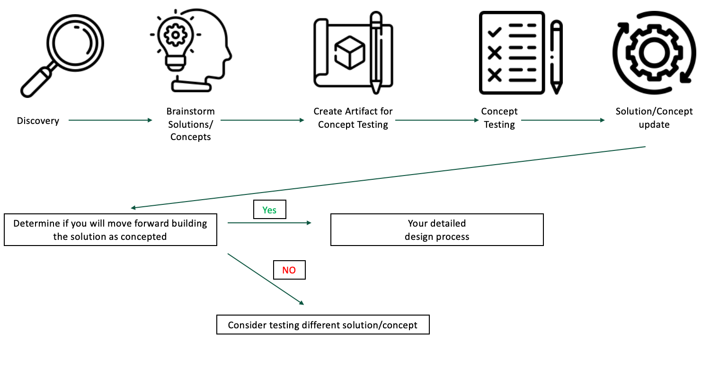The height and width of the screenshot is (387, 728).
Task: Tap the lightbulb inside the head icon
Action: (176, 40)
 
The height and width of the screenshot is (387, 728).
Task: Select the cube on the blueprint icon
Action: (350, 53)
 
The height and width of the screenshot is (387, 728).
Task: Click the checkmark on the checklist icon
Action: (495, 32)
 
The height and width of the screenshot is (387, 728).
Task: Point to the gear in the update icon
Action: (654, 53)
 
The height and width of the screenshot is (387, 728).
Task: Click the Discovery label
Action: (38, 121)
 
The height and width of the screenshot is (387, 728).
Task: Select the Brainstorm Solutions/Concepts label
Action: (191, 124)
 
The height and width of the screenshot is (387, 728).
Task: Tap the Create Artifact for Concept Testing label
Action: (353, 118)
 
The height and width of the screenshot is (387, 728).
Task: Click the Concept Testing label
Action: (499, 118)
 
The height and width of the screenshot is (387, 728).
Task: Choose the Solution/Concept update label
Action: (654, 118)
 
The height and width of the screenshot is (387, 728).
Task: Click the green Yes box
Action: (270, 210)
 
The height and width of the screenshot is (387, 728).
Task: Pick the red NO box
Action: (289, 270)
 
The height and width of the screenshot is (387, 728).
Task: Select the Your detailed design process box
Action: (437, 230)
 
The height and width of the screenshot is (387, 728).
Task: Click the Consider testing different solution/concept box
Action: (323, 325)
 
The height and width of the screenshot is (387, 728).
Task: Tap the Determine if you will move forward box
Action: (110, 230)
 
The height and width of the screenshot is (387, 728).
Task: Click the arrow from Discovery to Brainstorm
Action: (110, 120)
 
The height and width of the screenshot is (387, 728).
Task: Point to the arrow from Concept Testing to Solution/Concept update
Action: (563, 120)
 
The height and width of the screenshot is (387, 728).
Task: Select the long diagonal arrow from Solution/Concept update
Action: (388, 177)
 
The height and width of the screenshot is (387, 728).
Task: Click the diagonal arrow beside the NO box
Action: (265, 279)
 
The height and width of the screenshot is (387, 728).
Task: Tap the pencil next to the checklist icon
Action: (557, 57)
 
